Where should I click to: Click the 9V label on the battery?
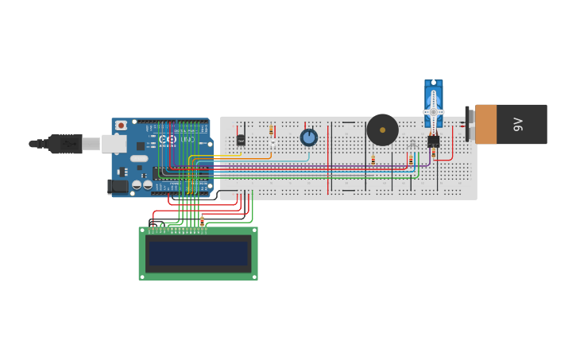pyautogui.click(x=519, y=124)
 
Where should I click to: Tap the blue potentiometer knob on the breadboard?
pyautogui.click(x=308, y=137)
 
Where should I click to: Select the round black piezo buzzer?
pyautogui.click(x=382, y=130)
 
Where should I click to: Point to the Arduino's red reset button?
pyautogui.click(x=121, y=126)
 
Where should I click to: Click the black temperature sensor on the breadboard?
pyautogui.click(x=241, y=140)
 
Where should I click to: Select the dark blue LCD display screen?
pyautogui.click(x=198, y=254)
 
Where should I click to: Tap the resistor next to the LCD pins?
pyautogui.click(x=202, y=221)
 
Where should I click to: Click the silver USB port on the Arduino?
pyautogui.click(x=114, y=144)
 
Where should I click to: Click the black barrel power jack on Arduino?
pyautogui.click(x=118, y=186)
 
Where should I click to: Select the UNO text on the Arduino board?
pyautogui.click(x=187, y=140)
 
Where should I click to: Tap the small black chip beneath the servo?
pyautogui.click(x=433, y=141)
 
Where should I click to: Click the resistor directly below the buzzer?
pyautogui.click(x=373, y=160)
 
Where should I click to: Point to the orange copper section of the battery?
pyautogui.click(x=485, y=124)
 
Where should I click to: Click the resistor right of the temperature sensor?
pyautogui.click(x=271, y=130)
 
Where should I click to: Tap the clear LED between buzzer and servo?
pyautogui.click(x=412, y=144)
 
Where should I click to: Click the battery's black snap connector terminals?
pyautogui.click(x=469, y=124)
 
